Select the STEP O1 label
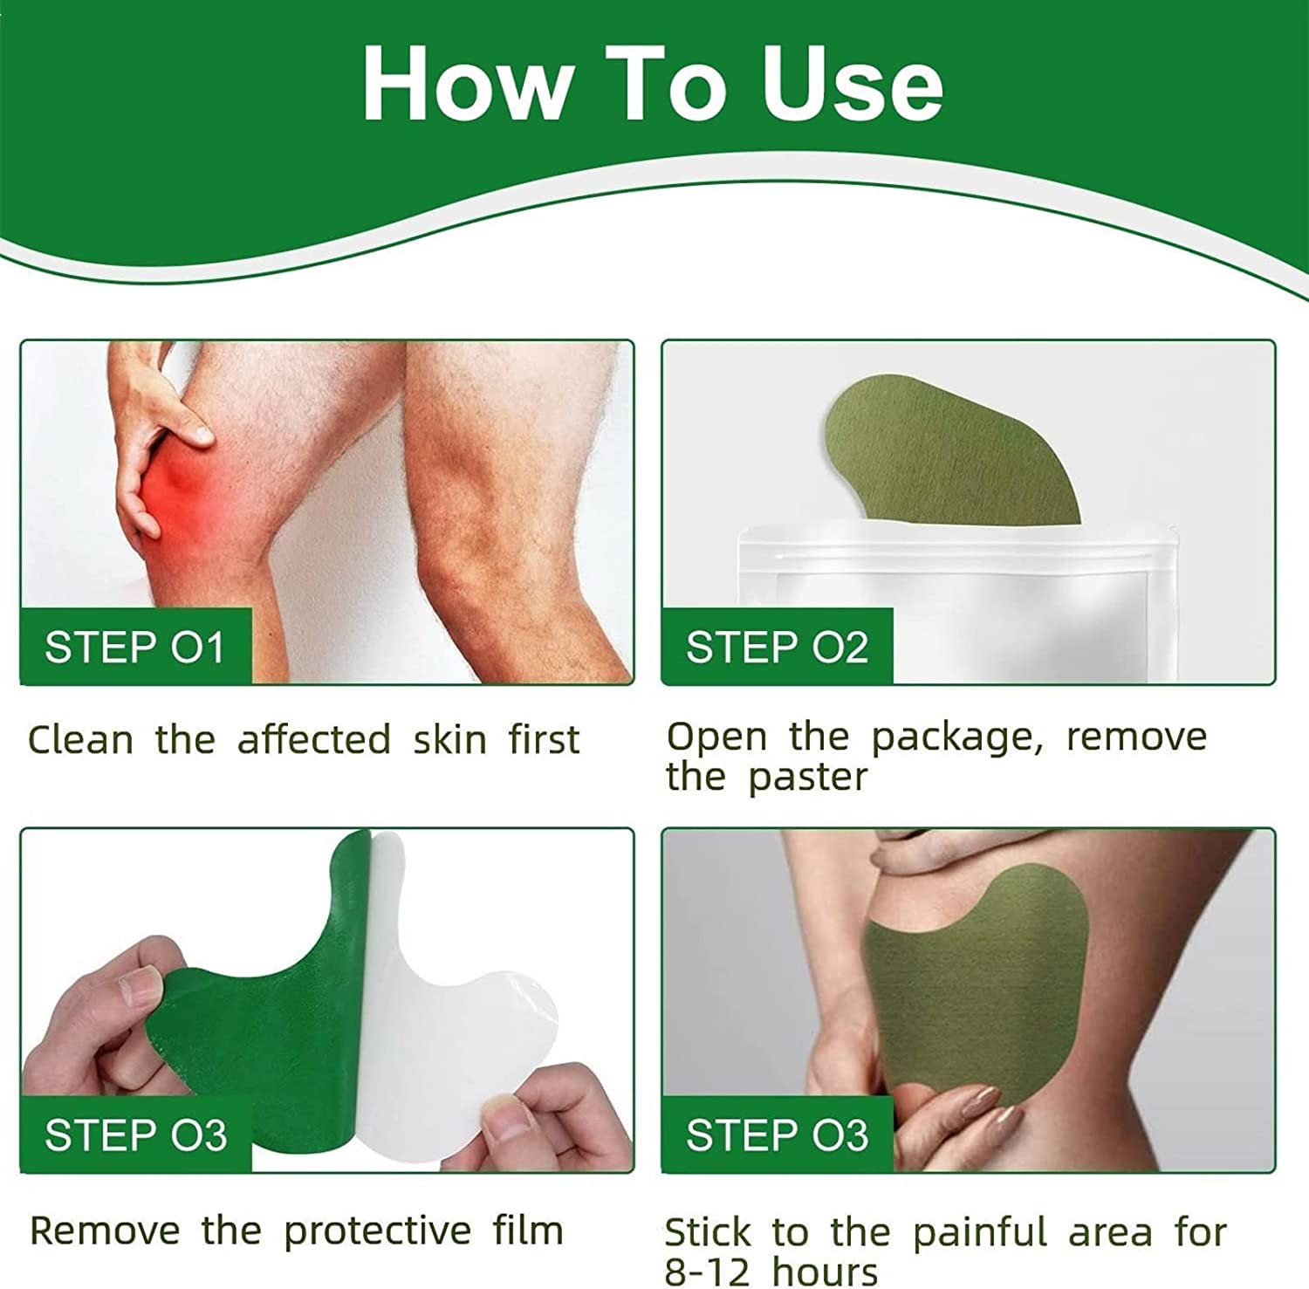(135, 648)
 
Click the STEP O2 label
(777, 648)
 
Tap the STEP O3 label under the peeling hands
(135, 1135)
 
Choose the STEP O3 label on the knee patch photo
(777, 1135)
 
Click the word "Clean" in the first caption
(80, 740)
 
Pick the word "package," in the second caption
(956, 738)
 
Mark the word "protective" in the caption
(377, 1231)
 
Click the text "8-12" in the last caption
(707, 1272)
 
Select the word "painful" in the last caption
(979, 1233)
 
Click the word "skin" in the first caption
(449, 740)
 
